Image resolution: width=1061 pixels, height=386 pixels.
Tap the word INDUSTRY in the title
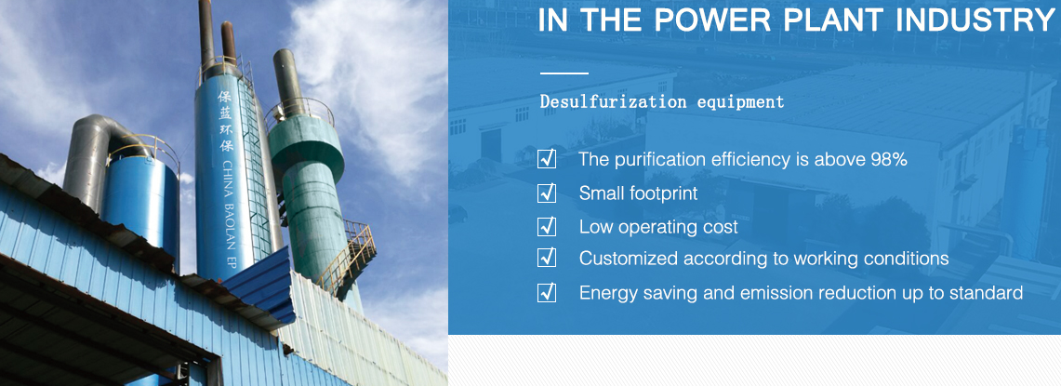point(975,20)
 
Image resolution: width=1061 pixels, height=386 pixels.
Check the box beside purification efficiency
point(547,159)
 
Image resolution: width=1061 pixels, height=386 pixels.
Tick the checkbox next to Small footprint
point(547,193)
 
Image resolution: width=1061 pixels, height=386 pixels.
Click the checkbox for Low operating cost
point(547,226)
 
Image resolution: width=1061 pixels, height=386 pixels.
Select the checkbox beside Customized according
point(547,258)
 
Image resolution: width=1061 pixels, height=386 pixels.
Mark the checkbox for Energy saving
point(547,293)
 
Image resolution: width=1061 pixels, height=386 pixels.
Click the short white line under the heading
point(564,73)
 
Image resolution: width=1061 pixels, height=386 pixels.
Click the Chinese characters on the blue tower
point(225,122)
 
